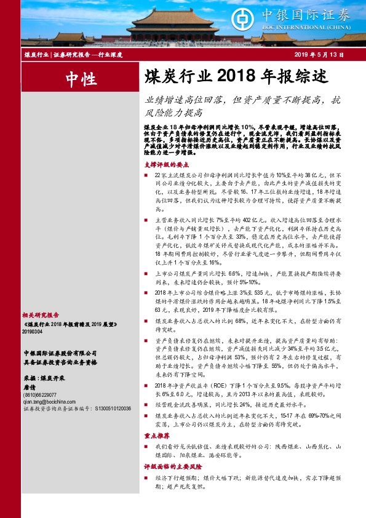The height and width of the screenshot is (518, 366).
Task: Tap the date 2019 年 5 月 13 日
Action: click(x=319, y=55)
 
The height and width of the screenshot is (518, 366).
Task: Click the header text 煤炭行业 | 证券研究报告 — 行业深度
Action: click(x=73, y=55)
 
